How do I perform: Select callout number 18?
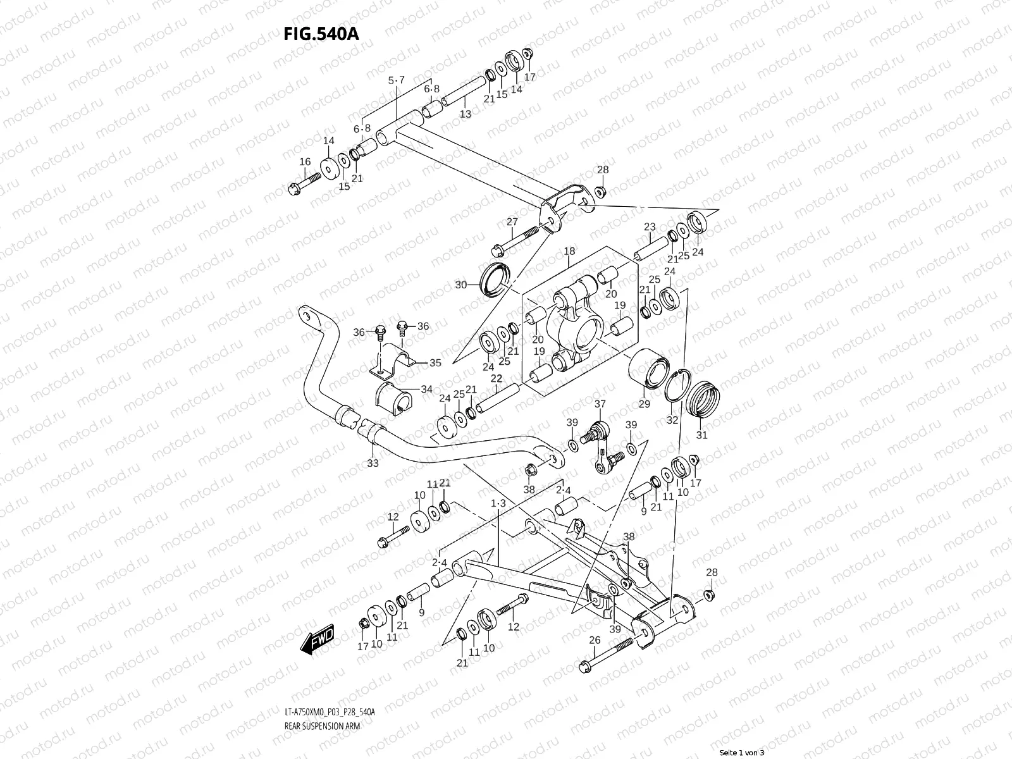[569, 251]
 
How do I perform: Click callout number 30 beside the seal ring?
[460, 285]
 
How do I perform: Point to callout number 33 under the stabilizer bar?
[373, 463]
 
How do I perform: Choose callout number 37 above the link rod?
[600, 404]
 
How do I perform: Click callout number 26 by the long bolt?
[595, 640]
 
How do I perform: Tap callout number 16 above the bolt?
[305, 163]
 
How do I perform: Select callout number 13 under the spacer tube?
[466, 114]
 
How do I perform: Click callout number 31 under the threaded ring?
[702, 435]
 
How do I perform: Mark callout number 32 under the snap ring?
[672, 419]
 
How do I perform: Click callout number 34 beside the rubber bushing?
[427, 389]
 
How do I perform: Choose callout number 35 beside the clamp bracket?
[435, 363]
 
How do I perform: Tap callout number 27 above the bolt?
[512, 221]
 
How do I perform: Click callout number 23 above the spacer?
[650, 227]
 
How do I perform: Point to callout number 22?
[497, 378]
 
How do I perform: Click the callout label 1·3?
[498, 503]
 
